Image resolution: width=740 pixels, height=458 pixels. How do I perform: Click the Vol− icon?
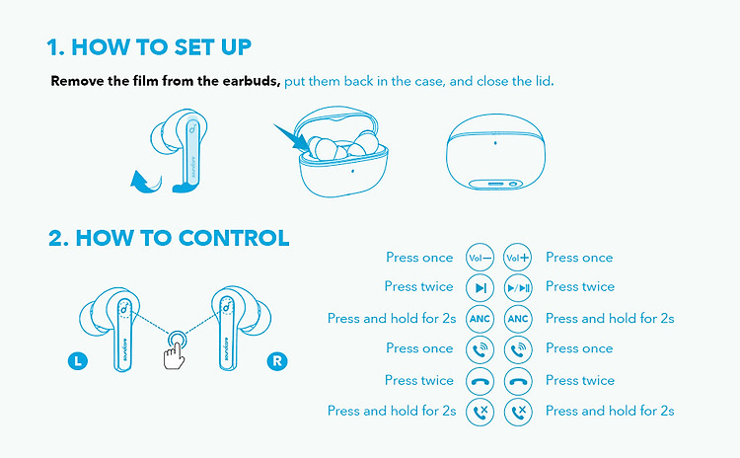click(480, 258)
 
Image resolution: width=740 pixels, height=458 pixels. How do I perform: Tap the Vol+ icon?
click(518, 258)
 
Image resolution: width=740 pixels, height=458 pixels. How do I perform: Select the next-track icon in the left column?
click(480, 288)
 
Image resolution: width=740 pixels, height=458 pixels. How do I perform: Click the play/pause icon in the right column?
click(518, 288)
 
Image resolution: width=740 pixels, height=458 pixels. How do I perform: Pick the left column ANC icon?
click(480, 319)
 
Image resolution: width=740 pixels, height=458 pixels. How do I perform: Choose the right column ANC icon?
click(518, 319)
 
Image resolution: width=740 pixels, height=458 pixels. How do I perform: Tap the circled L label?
click(78, 361)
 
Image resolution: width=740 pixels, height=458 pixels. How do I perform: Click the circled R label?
click(277, 361)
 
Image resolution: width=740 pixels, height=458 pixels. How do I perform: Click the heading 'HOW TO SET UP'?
click(162, 47)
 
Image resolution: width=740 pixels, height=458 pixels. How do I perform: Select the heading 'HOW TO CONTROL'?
click(183, 238)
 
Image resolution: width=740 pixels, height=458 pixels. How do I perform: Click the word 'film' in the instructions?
click(146, 81)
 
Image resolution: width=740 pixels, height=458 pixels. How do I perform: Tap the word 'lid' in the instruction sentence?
click(543, 81)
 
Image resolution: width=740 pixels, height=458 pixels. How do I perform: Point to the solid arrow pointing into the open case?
click(291, 138)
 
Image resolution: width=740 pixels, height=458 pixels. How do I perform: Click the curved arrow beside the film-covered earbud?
click(146, 183)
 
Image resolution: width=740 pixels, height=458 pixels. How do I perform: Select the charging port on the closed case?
click(495, 184)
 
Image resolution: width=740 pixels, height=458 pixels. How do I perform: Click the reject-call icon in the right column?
click(518, 412)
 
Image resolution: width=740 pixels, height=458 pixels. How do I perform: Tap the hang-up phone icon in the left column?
click(480, 381)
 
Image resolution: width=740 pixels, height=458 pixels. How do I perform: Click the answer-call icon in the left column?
click(480, 349)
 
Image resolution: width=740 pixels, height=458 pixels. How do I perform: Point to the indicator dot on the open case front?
click(352, 171)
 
